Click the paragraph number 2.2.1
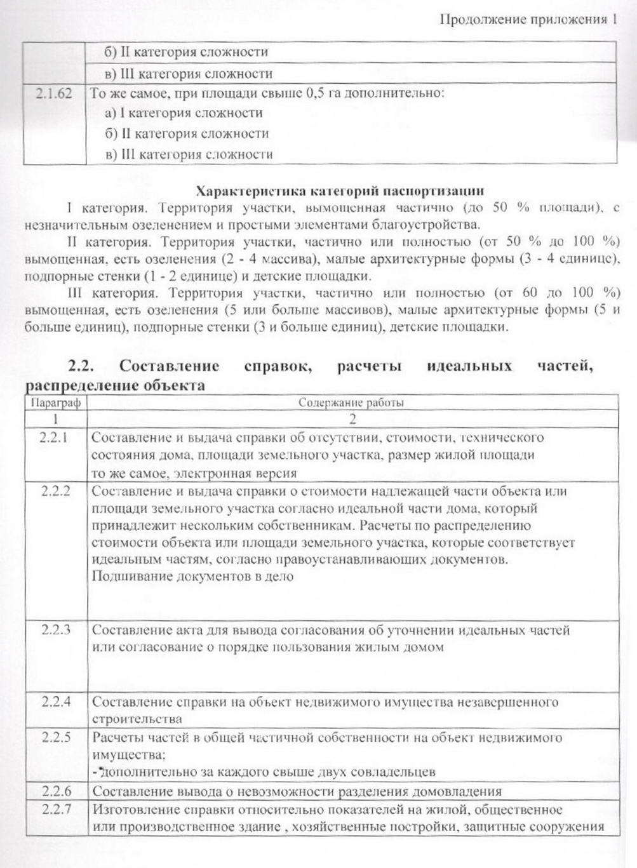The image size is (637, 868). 55,437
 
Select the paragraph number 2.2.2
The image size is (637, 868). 55,491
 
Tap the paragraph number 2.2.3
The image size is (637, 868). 55,630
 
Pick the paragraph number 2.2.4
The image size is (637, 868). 55,702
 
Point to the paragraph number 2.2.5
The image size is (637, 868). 55,738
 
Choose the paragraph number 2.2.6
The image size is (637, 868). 55,791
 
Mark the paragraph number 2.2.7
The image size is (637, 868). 55,810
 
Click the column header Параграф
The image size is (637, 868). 56,403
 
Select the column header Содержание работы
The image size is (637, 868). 351,403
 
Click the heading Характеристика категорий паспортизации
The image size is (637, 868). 340,190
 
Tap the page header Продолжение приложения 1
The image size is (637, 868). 528,20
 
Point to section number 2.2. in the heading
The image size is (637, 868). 81,366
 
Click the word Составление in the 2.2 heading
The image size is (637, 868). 170,366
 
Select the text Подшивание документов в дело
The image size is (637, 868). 192,577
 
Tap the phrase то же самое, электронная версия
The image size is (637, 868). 194,473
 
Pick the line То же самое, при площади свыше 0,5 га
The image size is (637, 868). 267,94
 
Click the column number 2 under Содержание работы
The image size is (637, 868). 352,419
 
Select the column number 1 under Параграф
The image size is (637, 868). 56,419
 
